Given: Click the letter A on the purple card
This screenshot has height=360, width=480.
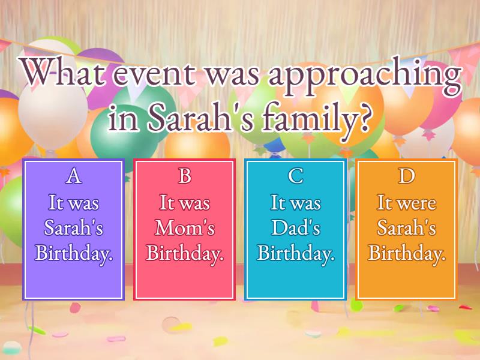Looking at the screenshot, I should coord(73,176).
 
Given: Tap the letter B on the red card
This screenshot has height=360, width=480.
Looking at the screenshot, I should coord(185,176).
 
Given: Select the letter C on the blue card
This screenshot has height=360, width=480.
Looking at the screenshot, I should coord(296,176).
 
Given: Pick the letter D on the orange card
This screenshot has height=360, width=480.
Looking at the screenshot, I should coord(407,176).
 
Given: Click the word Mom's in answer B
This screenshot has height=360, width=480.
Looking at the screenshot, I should coord(185,228).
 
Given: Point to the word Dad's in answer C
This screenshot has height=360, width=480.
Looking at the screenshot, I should coord(296,228).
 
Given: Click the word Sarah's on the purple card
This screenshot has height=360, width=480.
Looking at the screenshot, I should coord(73,228).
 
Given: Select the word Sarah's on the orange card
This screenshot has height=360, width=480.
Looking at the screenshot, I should coord(407,228).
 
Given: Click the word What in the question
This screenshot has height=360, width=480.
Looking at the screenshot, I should coord(64,74).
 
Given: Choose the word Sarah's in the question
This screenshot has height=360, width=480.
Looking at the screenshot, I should coord(202,118).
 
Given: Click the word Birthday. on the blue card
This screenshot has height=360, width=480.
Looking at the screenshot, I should coord(296,254).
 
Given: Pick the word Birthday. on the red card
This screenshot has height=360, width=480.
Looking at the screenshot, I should coord(185,254).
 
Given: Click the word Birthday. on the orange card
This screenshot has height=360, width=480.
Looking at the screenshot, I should coord(407,254).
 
